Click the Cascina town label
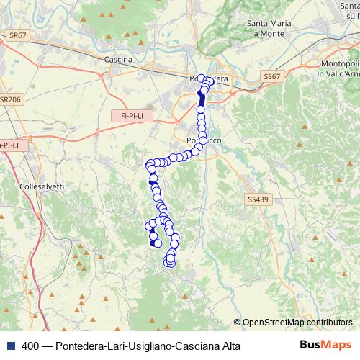(117, 60)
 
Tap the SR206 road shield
(9, 100)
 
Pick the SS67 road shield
(271, 76)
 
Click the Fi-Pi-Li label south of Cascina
(130, 115)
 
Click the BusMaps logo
(321, 346)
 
